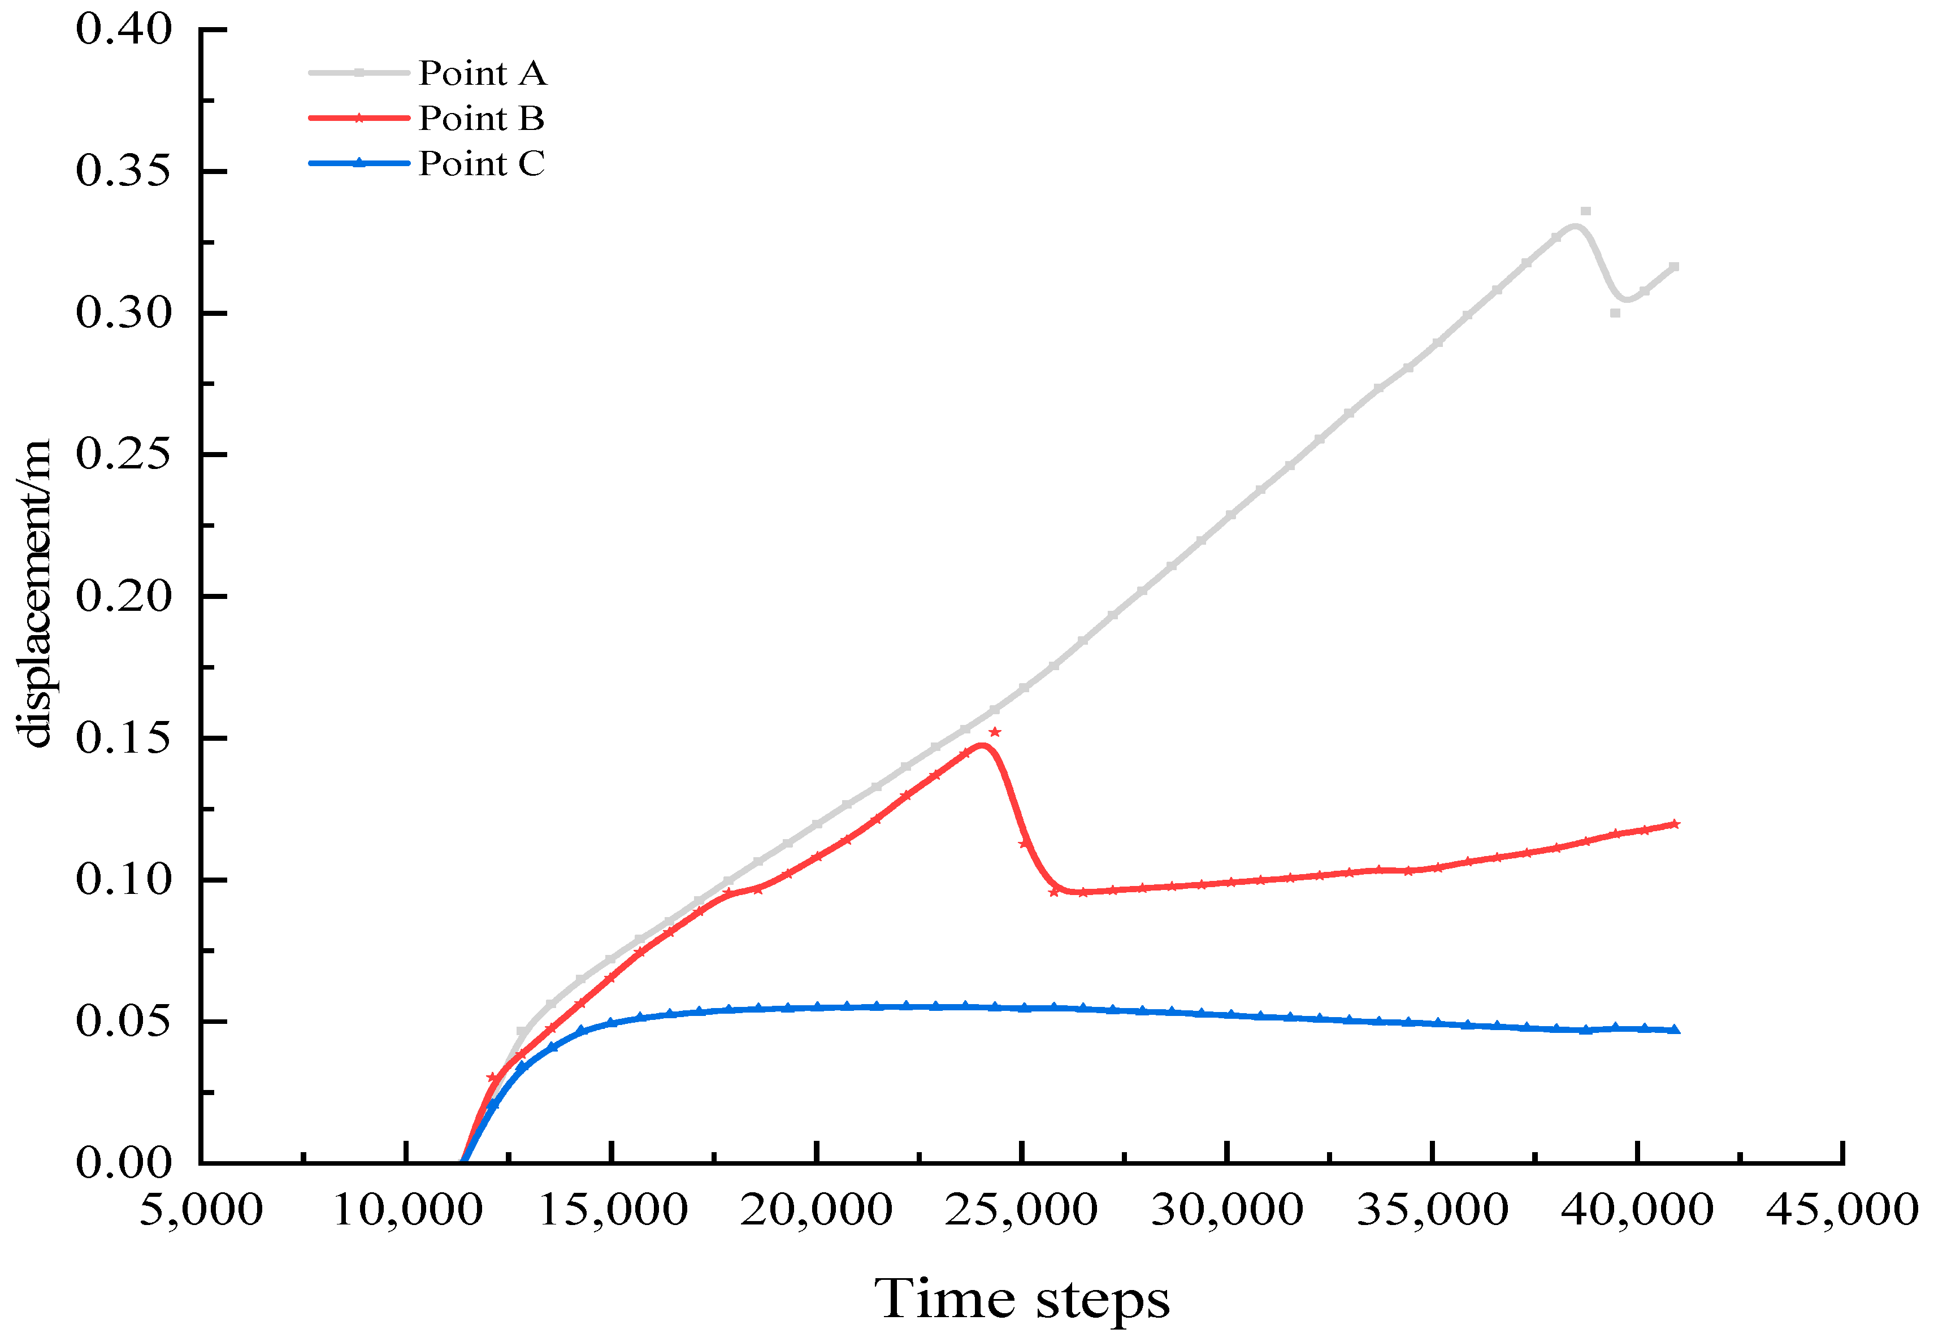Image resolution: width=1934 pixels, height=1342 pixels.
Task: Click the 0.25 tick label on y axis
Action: coord(124,455)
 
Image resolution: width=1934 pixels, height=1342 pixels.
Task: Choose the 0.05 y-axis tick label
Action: coord(124,1022)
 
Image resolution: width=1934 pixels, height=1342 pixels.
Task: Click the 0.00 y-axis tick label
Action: coord(124,1163)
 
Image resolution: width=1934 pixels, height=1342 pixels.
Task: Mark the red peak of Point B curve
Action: coord(981,745)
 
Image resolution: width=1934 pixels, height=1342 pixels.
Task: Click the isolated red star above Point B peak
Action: coord(995,732)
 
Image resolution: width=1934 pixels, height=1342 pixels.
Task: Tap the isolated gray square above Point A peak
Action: coord(1585,212)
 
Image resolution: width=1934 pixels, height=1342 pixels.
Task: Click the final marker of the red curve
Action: coord(1674,824)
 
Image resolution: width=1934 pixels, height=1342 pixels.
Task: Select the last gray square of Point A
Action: coord(1674,267)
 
